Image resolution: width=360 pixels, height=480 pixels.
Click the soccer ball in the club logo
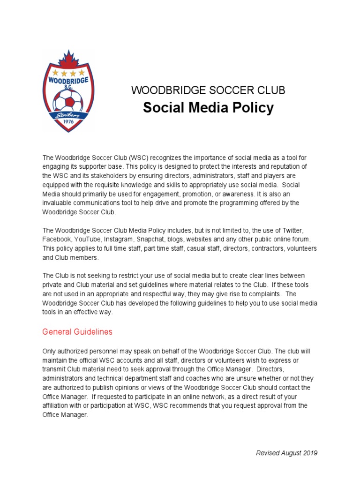pyautogui.click(x=68, y=100)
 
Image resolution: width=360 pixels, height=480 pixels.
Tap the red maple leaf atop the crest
pyautogui.click(x=68, y=58)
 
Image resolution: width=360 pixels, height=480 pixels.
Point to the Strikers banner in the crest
pyautogui.click(x=68, y=115)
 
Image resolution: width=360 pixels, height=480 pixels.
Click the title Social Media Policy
pyautogui.click(x=208, y=108)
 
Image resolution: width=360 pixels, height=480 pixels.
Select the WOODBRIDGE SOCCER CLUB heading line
pyautogui.click(x=208, y=90)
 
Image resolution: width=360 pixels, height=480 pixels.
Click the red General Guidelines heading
pyautogui.click(x=77, y=332)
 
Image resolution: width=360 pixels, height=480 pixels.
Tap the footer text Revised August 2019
pyautogui.click(x=286, y=453)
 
